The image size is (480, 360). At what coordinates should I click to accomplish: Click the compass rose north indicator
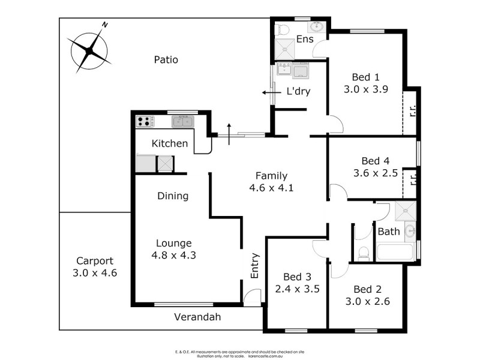pos(104,25)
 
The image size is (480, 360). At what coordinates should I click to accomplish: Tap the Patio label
pos(166,59)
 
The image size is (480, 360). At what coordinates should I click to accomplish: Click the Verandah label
pos(198,317)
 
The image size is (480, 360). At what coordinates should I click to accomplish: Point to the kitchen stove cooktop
pos(145,121)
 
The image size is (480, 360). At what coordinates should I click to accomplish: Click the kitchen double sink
pos(182,122)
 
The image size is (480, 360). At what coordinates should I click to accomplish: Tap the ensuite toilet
pos(282,29)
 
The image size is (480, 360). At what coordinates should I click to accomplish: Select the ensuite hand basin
pos(316,27)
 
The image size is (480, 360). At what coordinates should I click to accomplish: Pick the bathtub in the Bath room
pos(395,251)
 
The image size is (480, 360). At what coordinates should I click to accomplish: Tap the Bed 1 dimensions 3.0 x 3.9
pos(366,89)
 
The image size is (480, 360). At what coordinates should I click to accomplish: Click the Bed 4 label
pos(376,161)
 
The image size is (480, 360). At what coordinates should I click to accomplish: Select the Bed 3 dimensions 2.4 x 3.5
pos(298,289)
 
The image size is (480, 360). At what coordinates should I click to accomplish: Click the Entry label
pos(254,265)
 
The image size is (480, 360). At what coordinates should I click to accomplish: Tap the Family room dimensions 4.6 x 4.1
pos(271,187)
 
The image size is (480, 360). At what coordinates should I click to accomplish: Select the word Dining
pos(173,196)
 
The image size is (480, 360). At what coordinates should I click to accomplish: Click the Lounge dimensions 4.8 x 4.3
pos(174,254)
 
